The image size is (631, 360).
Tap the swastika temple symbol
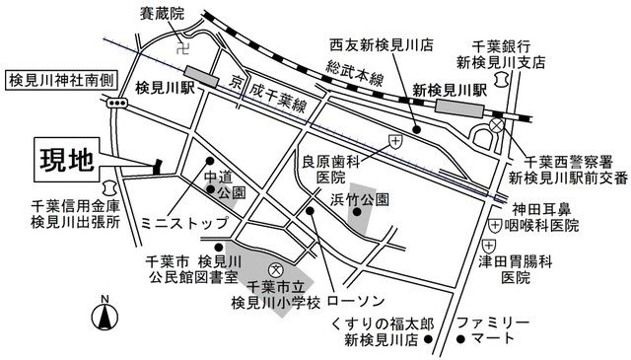tap(184, 43)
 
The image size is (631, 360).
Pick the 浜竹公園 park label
tap(363, 199)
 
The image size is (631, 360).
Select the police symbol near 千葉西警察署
tap(498, 126)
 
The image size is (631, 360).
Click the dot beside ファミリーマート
tap(459, 340)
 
